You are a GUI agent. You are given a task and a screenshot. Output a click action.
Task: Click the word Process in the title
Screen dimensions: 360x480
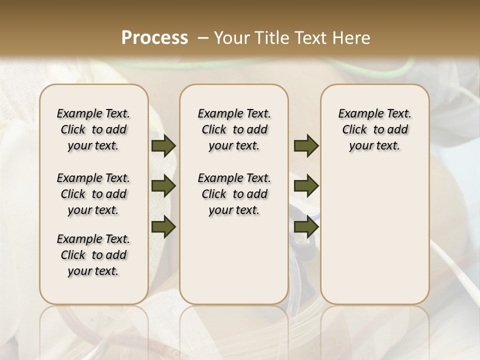(154, 38)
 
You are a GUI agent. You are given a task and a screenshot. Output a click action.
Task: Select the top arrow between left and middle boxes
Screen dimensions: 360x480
(163, 146)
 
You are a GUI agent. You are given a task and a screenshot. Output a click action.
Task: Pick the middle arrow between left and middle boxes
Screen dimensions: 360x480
(163, 186)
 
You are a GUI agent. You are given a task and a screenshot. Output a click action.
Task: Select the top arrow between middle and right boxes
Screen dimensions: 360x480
(306, 146)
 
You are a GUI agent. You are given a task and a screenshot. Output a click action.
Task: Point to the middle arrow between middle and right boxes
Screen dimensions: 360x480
(306, 186)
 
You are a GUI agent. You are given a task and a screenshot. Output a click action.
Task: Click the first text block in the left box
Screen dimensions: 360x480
(93, 129)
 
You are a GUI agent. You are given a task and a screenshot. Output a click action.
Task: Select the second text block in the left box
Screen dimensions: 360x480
(93, 194)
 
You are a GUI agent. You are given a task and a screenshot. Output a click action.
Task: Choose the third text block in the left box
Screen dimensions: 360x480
(93, 255)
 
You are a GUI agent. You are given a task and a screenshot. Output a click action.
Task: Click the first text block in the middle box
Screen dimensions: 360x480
(234, 129)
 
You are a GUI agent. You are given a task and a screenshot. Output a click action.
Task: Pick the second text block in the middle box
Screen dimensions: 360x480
(234, 194)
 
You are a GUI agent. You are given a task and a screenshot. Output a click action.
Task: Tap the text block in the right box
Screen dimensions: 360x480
(375, 129)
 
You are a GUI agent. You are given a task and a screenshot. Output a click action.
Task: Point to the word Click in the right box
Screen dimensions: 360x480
(354, 130)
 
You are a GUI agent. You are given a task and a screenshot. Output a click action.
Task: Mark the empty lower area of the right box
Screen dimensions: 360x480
(375, 230)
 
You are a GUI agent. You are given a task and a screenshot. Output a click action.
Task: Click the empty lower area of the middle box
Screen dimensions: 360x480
(234, 260)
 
